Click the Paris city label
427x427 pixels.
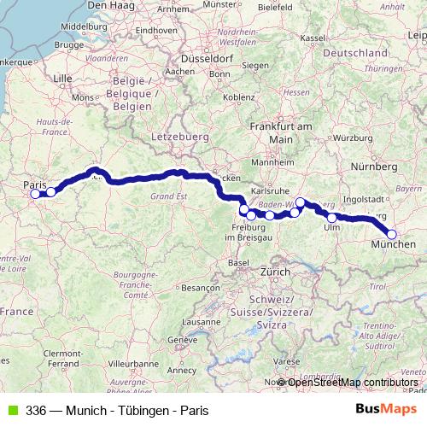pos(34,184)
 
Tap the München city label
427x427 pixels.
pos(395,245)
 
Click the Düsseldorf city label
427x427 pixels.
pos(206,58)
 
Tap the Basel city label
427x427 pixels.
pos(240,263)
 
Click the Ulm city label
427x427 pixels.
pos(332,227)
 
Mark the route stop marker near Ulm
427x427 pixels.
pos(332,218)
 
